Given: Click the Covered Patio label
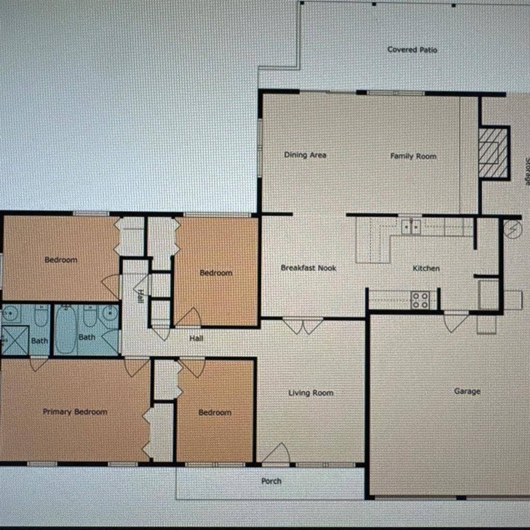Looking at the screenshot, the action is [x=412, y=50].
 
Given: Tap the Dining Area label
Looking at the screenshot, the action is [x=305, y=155].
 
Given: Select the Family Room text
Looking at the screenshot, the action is [x=413, y=156].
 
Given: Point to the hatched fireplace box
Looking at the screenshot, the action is [x=493, y=153].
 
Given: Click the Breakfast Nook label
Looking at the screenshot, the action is [x=308, y=268].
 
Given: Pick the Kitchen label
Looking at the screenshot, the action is [x=426, y=269].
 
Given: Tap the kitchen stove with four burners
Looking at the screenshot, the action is [x=420, y=300].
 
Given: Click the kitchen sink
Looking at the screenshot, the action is [x=411, y=227].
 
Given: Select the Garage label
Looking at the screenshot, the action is [x=467, y=391].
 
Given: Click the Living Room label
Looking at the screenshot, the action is [x=311, y=393].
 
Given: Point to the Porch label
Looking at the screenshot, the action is [x=271, y=481].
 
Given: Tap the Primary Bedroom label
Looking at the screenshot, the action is [x=75, y=411].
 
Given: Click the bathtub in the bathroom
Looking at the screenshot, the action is [x=66, y=330].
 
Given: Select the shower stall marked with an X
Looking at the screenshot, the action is [x=15, y=340].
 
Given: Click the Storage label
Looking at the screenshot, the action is [x=526, y=171].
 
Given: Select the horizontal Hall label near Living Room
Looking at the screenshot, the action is [x=196, y=338].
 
